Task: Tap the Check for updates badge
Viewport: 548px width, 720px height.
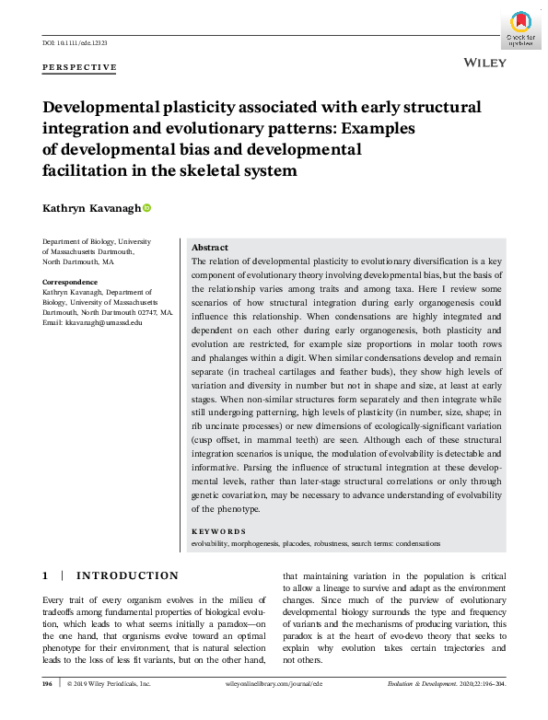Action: tap(520, 30)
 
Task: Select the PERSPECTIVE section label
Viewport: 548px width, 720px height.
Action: tap(80, 67)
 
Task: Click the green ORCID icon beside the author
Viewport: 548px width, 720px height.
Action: tap(146, 209)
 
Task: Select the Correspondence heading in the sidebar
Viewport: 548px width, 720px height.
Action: tap(70, 282)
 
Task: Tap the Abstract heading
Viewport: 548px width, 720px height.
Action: tap(210, 248)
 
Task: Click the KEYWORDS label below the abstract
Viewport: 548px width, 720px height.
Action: tap(218, 531)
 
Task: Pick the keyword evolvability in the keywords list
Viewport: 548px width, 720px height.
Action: tap(211, 543)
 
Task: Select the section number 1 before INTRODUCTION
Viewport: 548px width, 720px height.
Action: tap(45, 576)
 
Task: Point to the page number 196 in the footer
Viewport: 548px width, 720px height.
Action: tap(47, 684)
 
